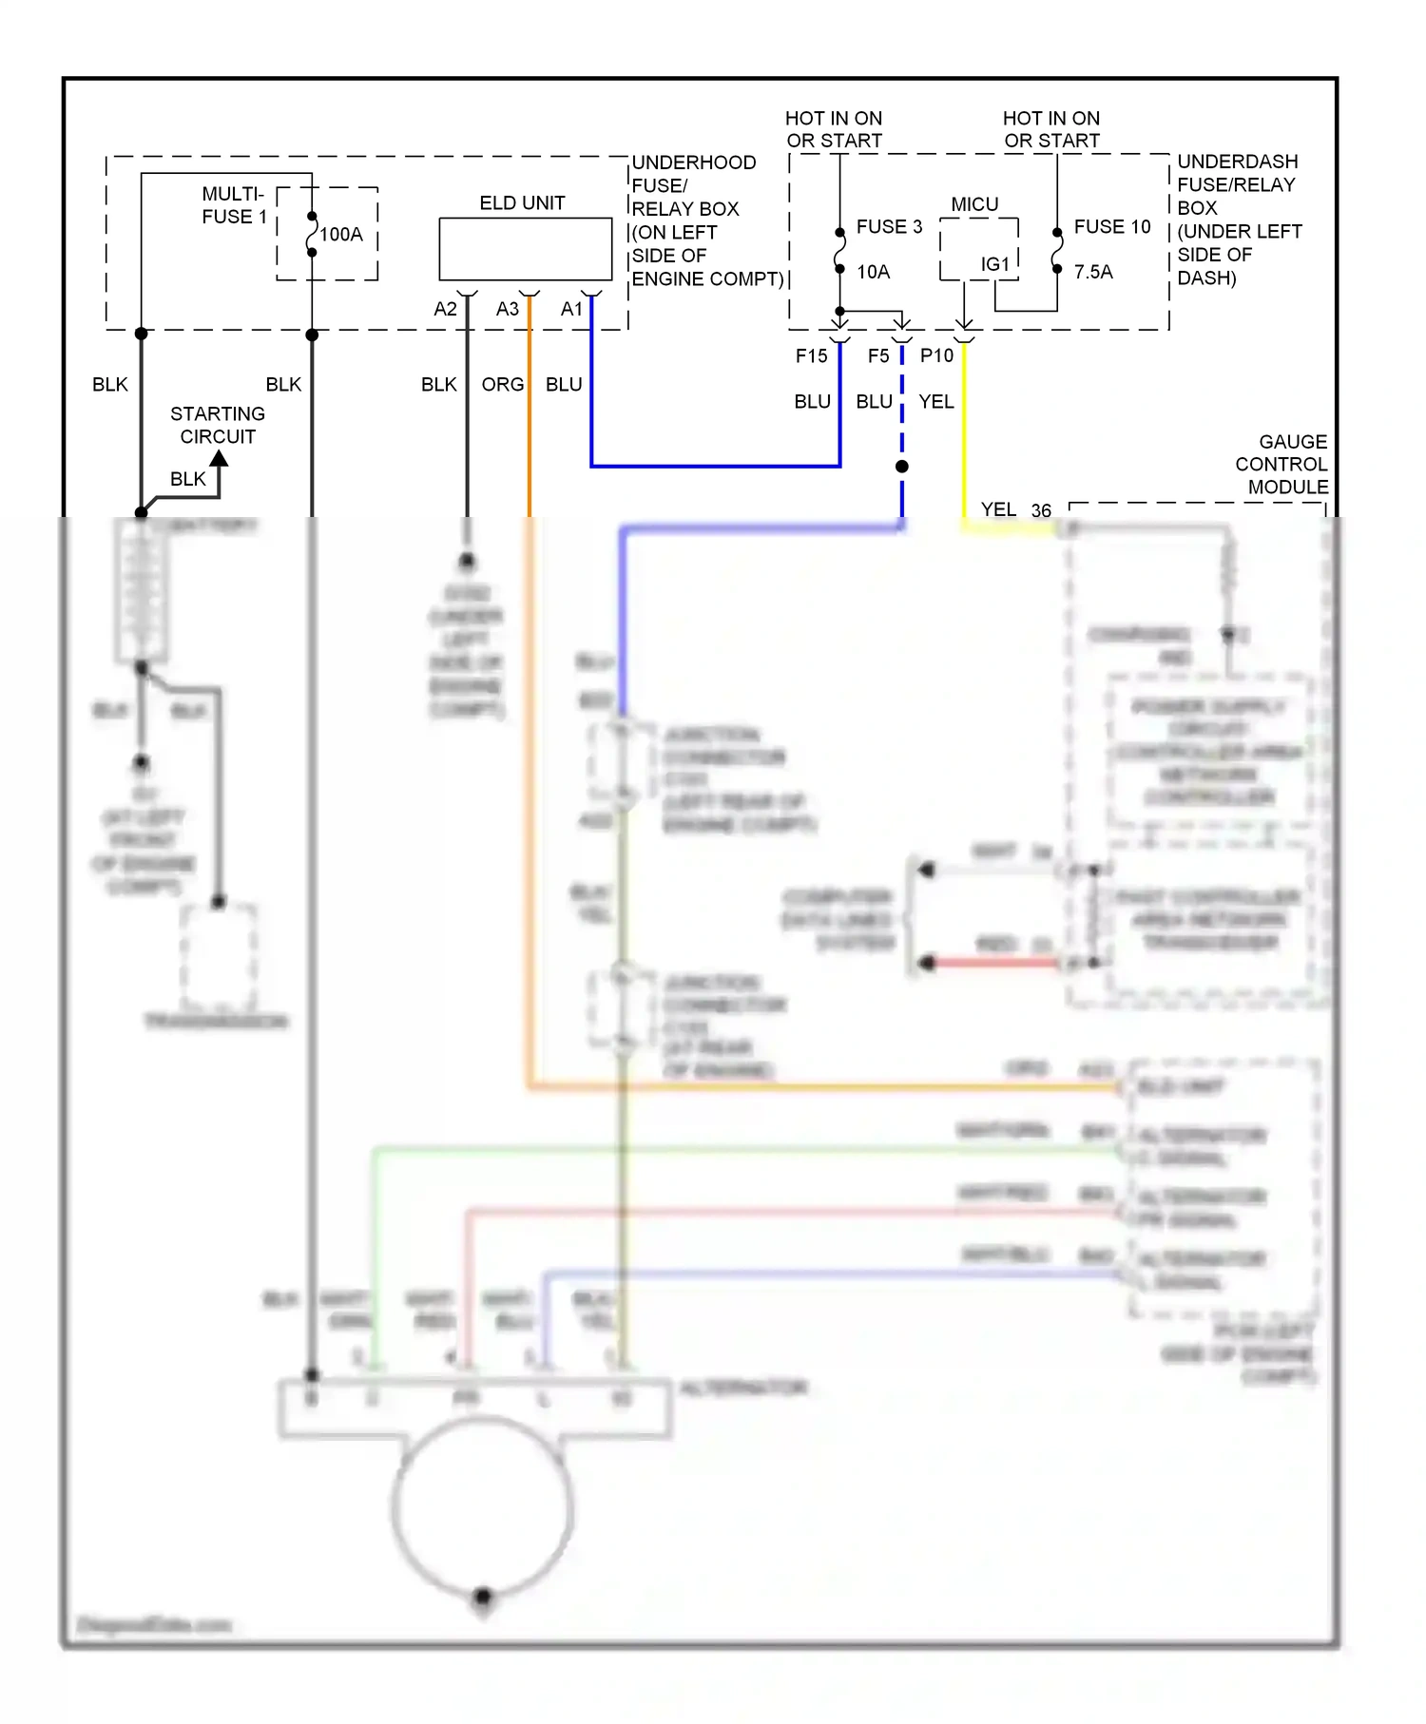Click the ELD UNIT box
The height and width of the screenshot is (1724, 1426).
[525, 249]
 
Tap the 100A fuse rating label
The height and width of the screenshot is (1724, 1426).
[341, 235]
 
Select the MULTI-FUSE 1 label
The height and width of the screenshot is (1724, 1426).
[234, 205]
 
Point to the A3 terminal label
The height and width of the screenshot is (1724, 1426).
[508, 309]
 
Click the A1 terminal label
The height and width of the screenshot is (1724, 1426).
[571, 309]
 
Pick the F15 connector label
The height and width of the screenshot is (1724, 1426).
[811, 355]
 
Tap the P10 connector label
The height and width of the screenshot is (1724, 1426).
[936, 355]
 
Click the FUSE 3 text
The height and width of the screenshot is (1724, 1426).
[889, 227]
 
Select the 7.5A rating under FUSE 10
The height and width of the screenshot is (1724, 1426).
[1093, 272]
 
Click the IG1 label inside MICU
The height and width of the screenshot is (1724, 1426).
[995, 264]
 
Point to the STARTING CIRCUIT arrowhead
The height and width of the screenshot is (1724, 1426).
[220, 459]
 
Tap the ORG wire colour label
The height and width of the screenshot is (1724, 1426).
[502, 385]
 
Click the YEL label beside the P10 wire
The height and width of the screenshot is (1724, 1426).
[936, 402]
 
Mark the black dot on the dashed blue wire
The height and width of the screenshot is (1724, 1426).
[902, 467]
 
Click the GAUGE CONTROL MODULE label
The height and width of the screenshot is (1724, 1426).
[1281, 465]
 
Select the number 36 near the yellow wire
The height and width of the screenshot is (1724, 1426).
[1041, 511]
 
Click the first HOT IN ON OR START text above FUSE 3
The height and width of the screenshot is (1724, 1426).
[834, 129]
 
